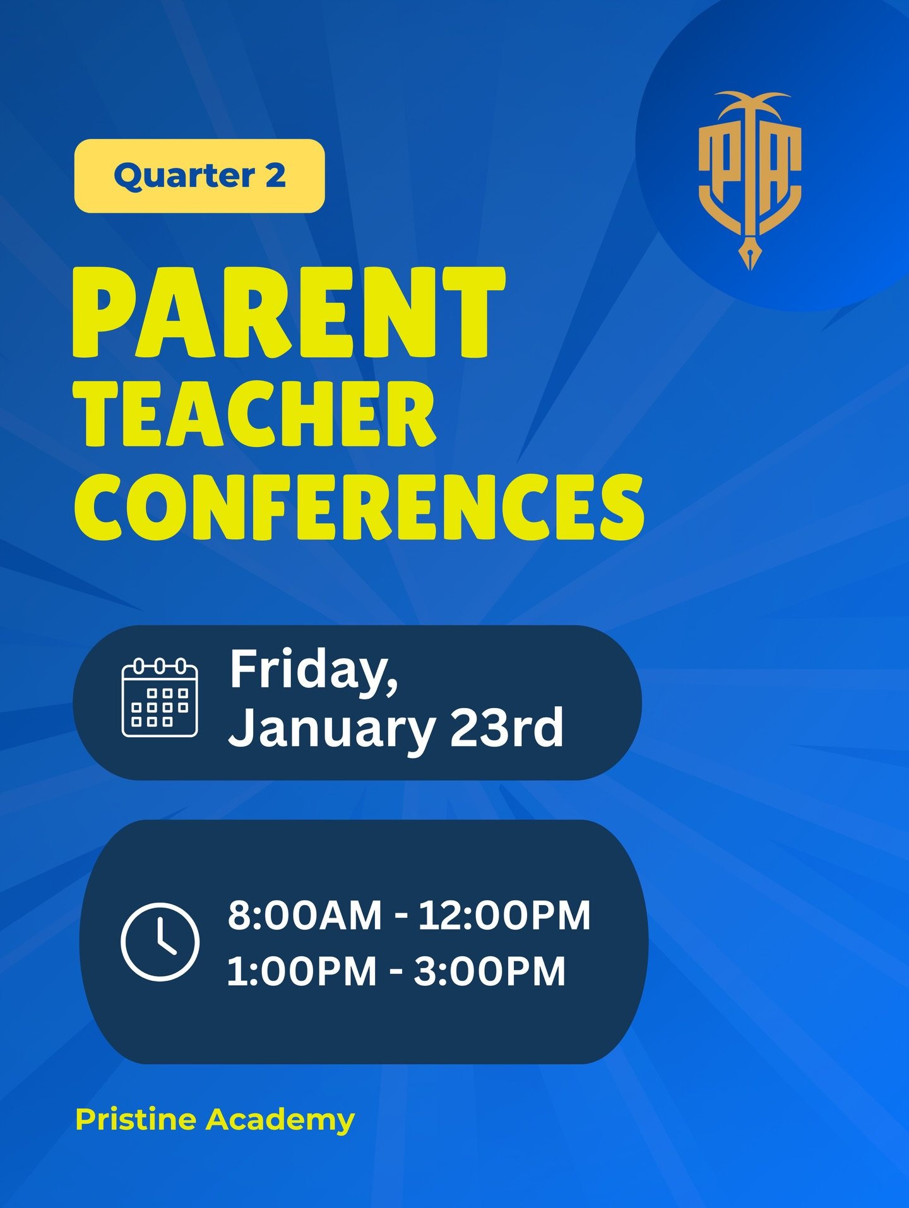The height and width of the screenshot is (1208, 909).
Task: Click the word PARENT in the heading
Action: tap(288, 312)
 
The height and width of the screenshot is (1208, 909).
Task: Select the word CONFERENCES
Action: tap(359, 507)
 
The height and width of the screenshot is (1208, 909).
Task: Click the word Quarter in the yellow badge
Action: tap(184, 176)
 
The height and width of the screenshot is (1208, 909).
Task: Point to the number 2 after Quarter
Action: tap(275, 175)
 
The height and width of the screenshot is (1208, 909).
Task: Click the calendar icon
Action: tap(160, 697)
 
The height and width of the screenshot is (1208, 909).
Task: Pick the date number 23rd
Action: tap(506, 727)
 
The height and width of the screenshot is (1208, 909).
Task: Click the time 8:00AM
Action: tap(305, 915)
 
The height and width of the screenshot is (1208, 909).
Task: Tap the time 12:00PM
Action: tap(504, 915)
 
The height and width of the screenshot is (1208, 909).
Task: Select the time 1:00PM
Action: tap(302, 971)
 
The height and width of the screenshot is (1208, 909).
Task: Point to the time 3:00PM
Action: tap(490, 971)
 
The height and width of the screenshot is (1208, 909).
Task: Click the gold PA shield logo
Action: tap(750, 180)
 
